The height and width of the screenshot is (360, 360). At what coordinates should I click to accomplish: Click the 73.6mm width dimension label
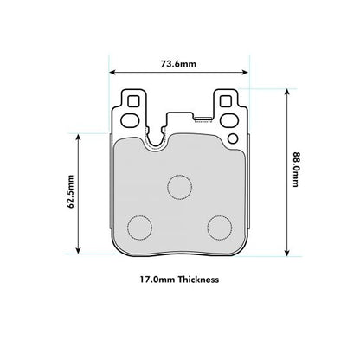179,63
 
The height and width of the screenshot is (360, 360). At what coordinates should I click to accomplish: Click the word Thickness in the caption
194,280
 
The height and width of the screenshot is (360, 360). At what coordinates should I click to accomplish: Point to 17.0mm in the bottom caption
153,280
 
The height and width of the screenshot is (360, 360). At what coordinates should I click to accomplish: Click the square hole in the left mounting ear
132,100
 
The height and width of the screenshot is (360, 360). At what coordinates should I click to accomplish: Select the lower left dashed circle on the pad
139,227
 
